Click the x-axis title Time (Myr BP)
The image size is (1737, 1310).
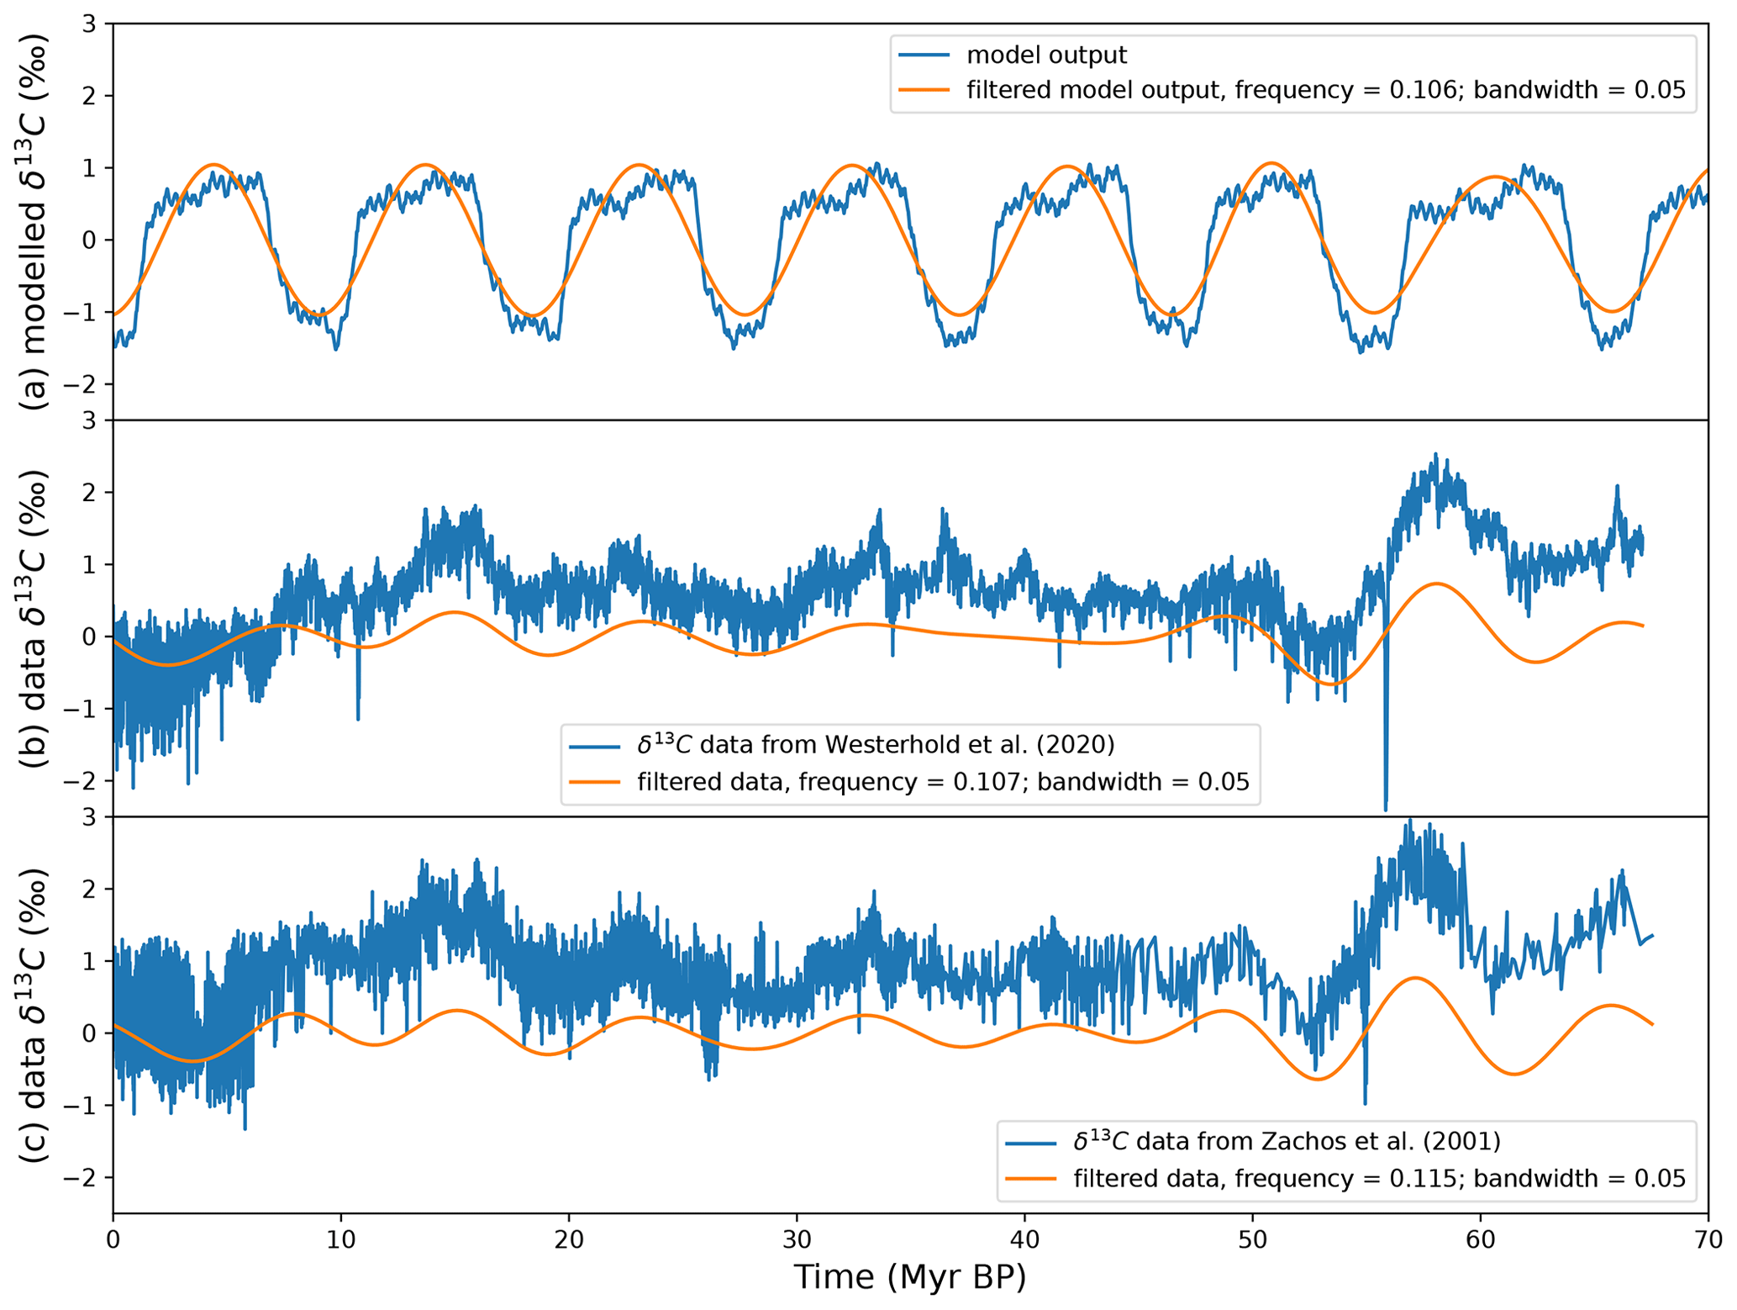pos(909,1277)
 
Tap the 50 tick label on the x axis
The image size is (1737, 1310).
pos(1252,1239)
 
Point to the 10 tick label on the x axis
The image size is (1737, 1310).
pos(340,1239)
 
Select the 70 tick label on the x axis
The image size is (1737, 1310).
pos(1708,1239)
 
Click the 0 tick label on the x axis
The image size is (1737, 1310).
pos(113,1239)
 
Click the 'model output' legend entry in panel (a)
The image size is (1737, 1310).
pos(1046,55)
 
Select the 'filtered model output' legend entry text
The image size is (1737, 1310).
pos(1325,90)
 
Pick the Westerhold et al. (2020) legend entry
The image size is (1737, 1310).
pos(876,744)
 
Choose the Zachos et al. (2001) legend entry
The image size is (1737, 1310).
pos(1287,1141)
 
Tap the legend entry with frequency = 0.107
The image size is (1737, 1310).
pos(943,782)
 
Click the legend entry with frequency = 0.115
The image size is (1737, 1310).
pos(1379,1178)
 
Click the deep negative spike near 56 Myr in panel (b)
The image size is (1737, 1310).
pos(1385,803)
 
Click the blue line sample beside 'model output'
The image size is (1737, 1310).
pos(924,55)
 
